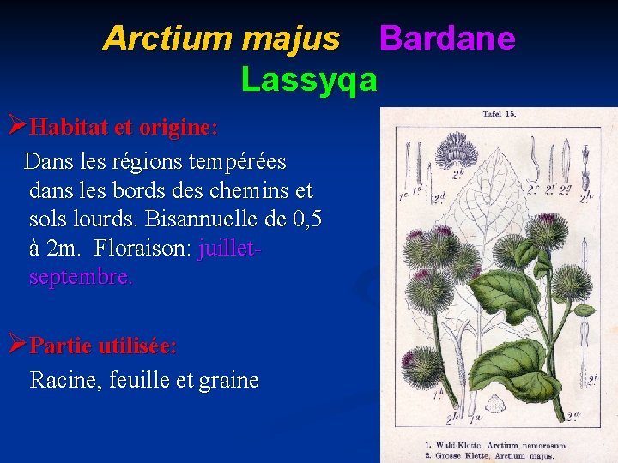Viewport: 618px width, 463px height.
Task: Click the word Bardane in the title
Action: tap(447, 39)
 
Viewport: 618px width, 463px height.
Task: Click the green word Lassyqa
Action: tap(309, 80)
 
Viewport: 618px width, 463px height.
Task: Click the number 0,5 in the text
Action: tap(307, 219)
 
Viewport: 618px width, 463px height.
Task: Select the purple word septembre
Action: tap(80, 278)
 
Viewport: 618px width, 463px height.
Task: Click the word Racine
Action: tap(64, 380)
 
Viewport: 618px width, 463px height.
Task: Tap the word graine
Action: tap(227, 380)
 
